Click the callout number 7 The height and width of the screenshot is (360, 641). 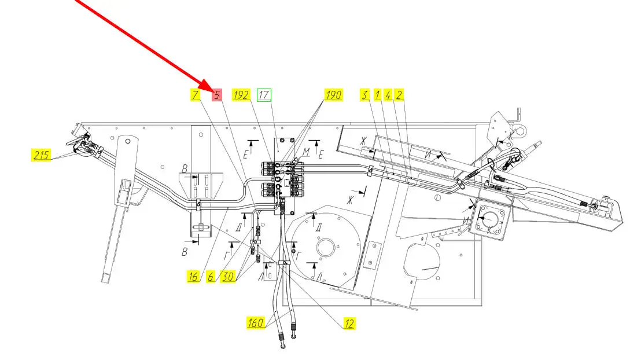[x=196, y=95]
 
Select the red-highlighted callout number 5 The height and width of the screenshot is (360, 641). [x=217, y=95]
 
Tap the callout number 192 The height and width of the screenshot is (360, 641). [x=241, y=95]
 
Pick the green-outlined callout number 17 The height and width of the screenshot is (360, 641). [x=264, y=95]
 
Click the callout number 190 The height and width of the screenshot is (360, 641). [x=334, y=95]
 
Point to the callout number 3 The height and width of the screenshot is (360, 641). [x=365, y=95]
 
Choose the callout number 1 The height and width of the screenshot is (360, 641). [x=377, y=95]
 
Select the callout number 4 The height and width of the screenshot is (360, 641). [x=388, y=95]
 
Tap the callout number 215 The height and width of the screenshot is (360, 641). [x=40, y=155]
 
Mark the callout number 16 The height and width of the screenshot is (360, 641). [x=194, y=277]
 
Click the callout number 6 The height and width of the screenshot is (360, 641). [x=212, y=277]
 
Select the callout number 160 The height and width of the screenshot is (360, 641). [x=256, y=322]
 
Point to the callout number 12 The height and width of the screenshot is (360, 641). [x=349, y=323]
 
